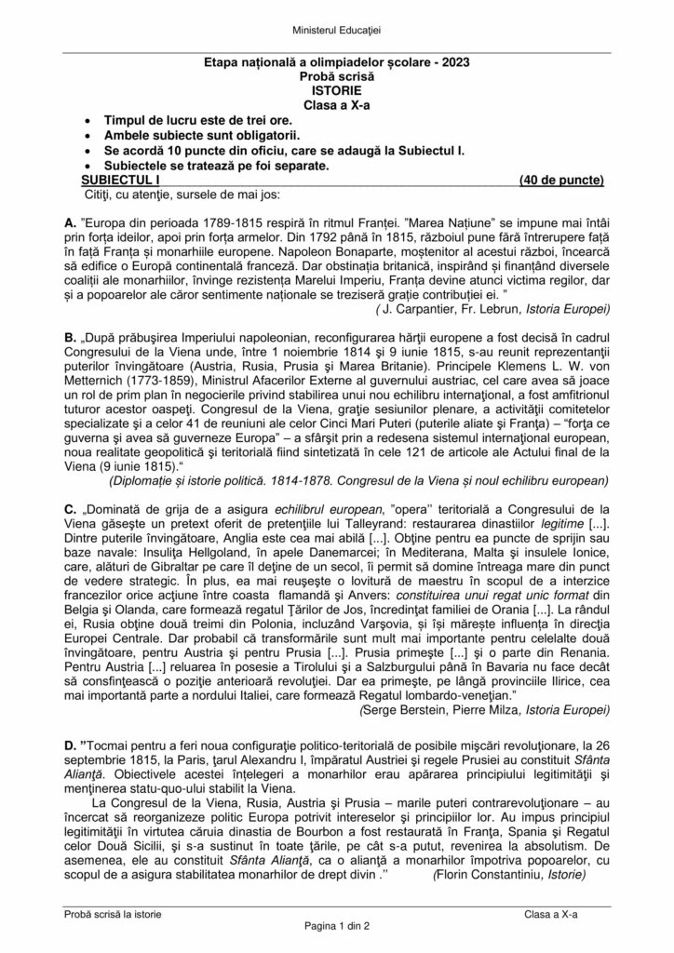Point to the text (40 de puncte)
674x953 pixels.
pos(560,180)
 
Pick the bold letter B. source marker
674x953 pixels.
pos(71,340)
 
